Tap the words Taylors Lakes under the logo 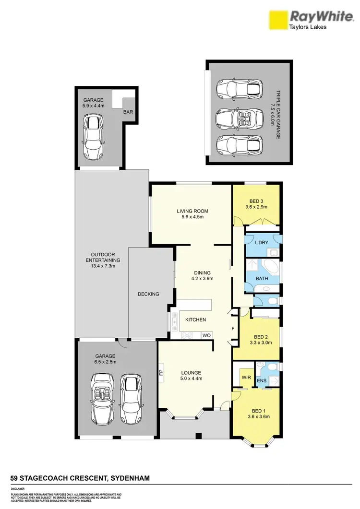click(x=307, y=27)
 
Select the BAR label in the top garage click(x=128, y=112)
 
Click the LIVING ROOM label click(x=192, y=211)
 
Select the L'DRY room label click(x=262, y=243)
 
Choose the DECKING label click(x=148, y=294)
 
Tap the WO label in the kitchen click(x=206, y=335)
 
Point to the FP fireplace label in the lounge click(x=161, y=372)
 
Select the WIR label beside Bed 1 click(x=246, y=378)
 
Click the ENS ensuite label click(x=262, y=381)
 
